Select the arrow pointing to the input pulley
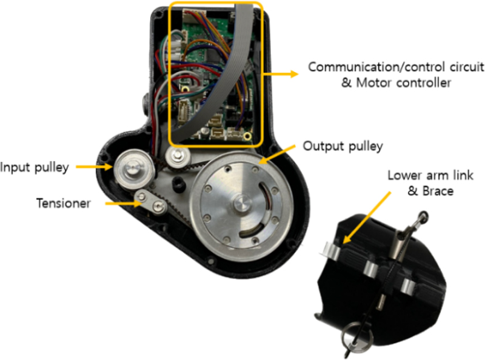click(x=91, y=167)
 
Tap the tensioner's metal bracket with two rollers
click(x=150, y=202)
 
